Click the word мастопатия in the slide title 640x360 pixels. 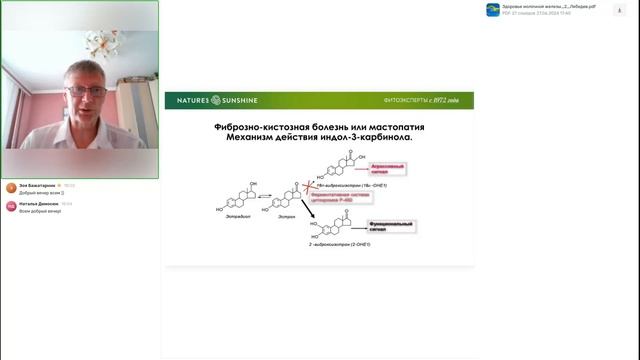pos(390,129)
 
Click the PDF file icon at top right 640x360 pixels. pos(493,9)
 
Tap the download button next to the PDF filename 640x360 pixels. pos(627,9)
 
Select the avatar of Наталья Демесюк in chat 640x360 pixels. pos(10,206)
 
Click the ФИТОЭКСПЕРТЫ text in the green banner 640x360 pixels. pos(407,101)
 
